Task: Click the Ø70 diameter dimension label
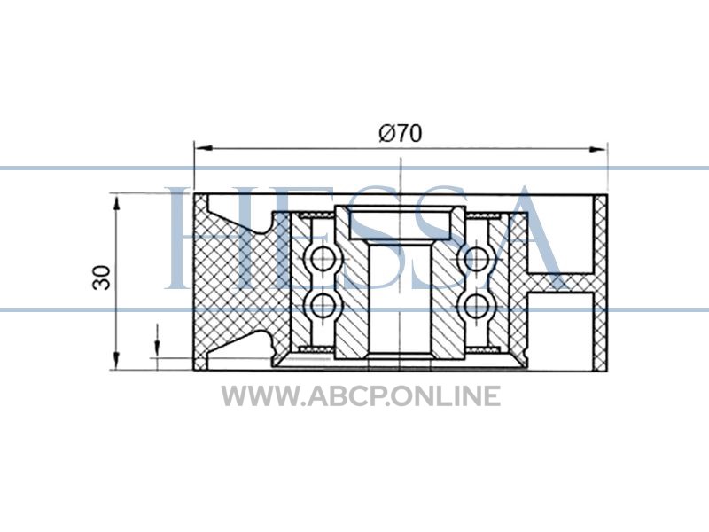click(401, 134)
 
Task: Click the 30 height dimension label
click(101, 278)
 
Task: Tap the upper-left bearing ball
click(323, 259)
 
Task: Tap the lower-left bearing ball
click(323, 305)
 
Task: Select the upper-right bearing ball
click(477, 259)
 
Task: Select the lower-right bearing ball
click(477, 305)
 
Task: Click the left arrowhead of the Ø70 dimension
click(204, 148)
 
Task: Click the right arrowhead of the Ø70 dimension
click(597, 149)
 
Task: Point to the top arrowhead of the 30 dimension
click(117, 203)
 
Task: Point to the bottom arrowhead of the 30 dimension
click(117, 361)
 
